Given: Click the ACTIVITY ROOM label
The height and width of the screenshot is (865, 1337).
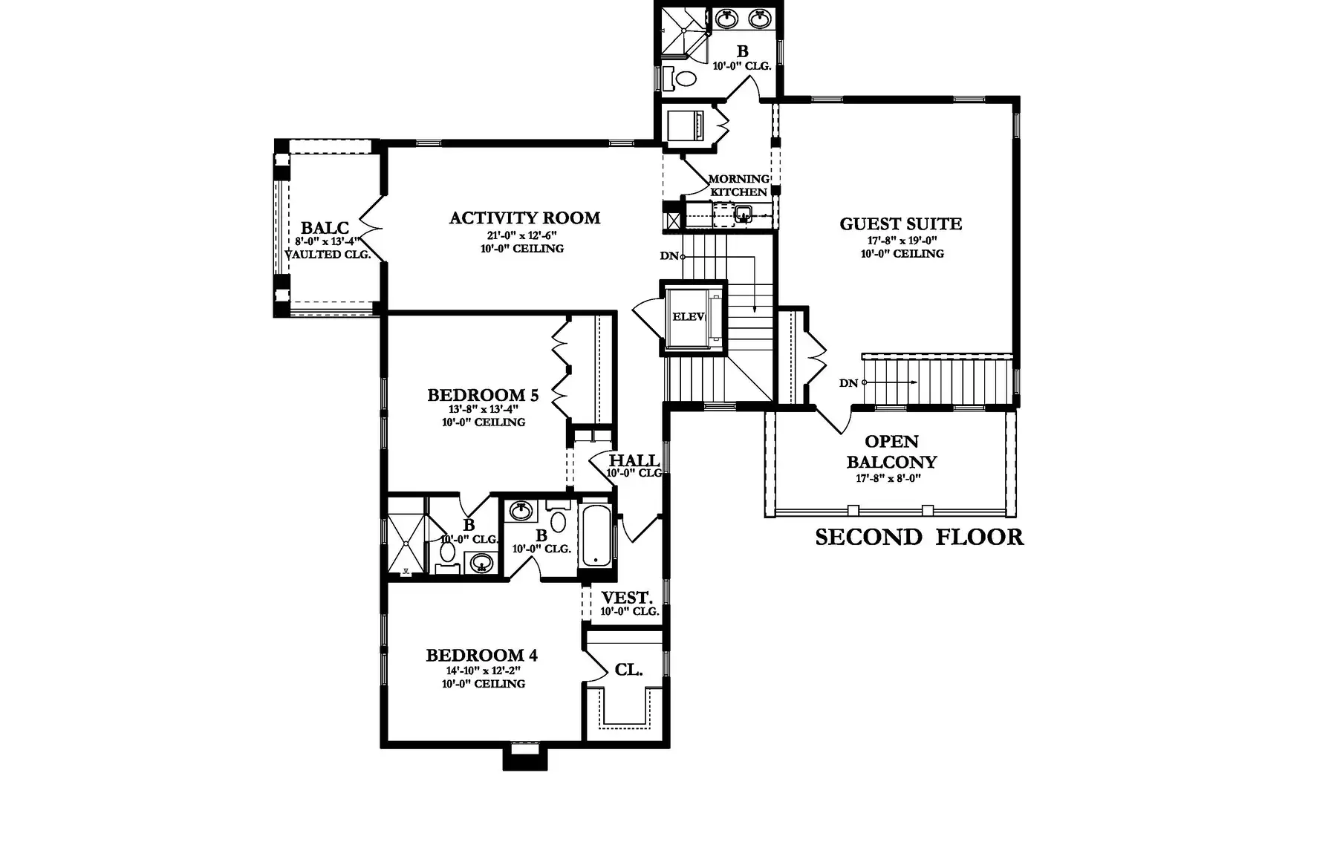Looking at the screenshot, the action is (x=524, y=218).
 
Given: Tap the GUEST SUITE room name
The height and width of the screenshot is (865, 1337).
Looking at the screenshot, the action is (x=901, y=224).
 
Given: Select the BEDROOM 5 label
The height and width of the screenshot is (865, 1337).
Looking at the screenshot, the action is (x=483, y=395).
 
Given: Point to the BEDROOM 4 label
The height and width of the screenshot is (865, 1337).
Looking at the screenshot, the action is (x=482, y=656).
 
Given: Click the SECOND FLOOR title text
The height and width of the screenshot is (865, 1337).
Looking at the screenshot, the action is (x=920, y=537).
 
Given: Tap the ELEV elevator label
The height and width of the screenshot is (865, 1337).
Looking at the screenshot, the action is (x=688, y=317).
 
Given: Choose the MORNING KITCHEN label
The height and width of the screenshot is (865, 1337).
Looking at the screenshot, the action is (x=738, y=186).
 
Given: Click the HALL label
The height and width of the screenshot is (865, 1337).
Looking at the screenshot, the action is (x=634, y=460).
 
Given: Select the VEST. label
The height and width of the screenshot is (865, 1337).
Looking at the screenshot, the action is (x=627, y=598).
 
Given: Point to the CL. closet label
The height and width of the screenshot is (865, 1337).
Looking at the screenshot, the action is (x=628, y=670).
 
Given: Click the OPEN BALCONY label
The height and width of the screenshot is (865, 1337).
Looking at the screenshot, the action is (x=891, y=451).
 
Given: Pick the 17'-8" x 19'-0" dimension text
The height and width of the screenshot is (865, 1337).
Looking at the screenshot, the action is (x=902, y=241).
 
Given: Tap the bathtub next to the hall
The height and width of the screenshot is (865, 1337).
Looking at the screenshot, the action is (x=596, y=536).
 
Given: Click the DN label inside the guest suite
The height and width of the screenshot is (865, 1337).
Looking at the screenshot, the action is (x=849, y=383).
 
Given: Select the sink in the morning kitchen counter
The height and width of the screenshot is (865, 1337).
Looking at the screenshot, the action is (x=742, y=216).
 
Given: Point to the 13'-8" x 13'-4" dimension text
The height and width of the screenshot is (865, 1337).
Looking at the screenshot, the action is (x=483, y=409).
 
